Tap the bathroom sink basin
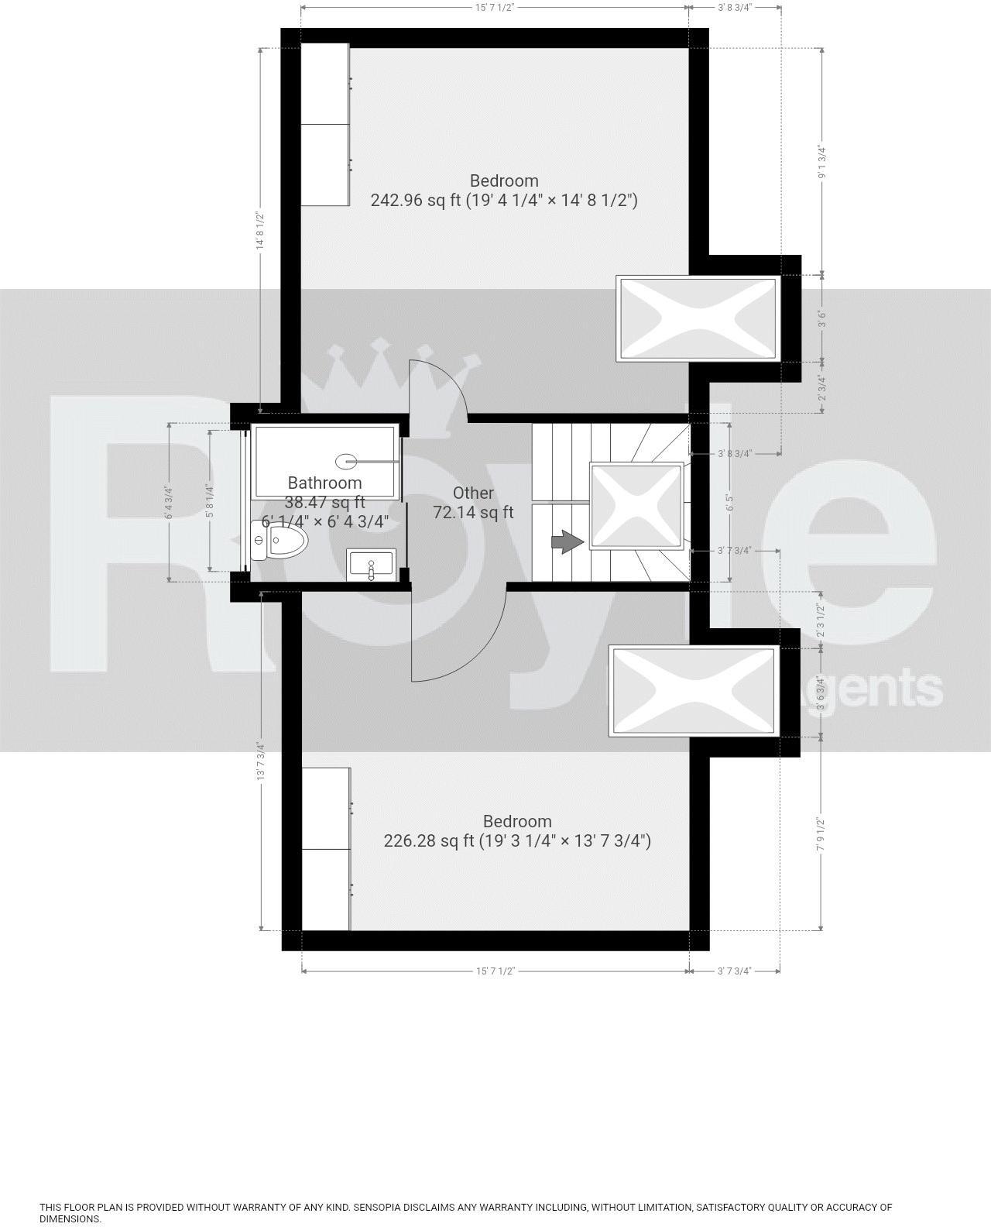[372, 562]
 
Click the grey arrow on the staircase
[568, 541]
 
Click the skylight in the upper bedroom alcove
[695, 318]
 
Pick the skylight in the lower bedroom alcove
[693, 690]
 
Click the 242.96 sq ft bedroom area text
[503, 201]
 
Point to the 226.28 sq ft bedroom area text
[516, 841]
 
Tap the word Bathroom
[324, 483]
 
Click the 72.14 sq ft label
[473, 512]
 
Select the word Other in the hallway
[473, 493]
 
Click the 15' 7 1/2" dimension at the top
[495, 7]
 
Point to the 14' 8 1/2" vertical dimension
[261, 231]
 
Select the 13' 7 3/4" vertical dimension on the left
[261, 761]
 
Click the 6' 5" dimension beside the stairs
[729, 502]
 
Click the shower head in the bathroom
[345, 462]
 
